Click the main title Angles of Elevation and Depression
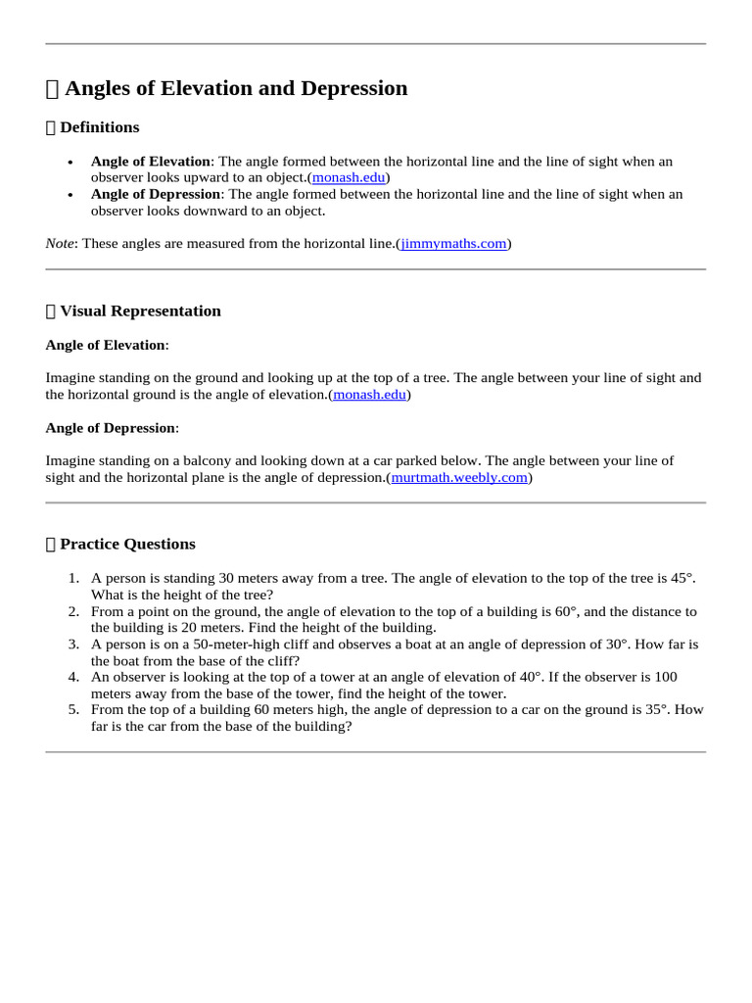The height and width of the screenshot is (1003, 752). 235,88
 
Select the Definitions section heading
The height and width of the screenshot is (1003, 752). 99,127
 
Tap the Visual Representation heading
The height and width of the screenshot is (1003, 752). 140,310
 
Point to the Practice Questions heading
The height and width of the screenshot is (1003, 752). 127,544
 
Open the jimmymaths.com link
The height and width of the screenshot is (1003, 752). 453,243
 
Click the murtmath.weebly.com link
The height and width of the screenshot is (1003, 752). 459,477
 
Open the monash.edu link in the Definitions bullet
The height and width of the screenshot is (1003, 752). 349,177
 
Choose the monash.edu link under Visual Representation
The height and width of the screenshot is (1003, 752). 369,394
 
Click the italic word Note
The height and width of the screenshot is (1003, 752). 60,243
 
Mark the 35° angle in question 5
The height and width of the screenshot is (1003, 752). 653,709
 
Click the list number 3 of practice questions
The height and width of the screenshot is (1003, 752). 73,644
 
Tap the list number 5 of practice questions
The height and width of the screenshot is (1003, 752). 73,709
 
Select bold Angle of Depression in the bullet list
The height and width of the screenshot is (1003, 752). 155,194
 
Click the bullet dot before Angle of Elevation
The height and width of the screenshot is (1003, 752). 70,163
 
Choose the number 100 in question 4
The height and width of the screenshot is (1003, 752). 692,677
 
